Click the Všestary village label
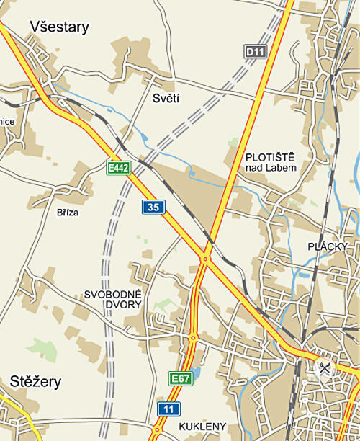(59, 27)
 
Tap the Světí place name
(166, 98)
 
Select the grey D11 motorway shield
(254, 51)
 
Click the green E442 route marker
(117, 168)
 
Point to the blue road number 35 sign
(153, 208)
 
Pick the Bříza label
(68, 213)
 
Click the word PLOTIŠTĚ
(270, 156)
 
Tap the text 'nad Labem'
(270, 168)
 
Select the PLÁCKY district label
(328, 246)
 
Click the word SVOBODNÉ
(114, 295)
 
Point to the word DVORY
(114, 306)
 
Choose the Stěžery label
(36, 381)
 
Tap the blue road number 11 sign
(168, 409)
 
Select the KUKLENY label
(202, 426)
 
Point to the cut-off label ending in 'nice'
(7, 122)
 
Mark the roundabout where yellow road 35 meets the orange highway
(205, 258)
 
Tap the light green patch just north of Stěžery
(45, 350)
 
